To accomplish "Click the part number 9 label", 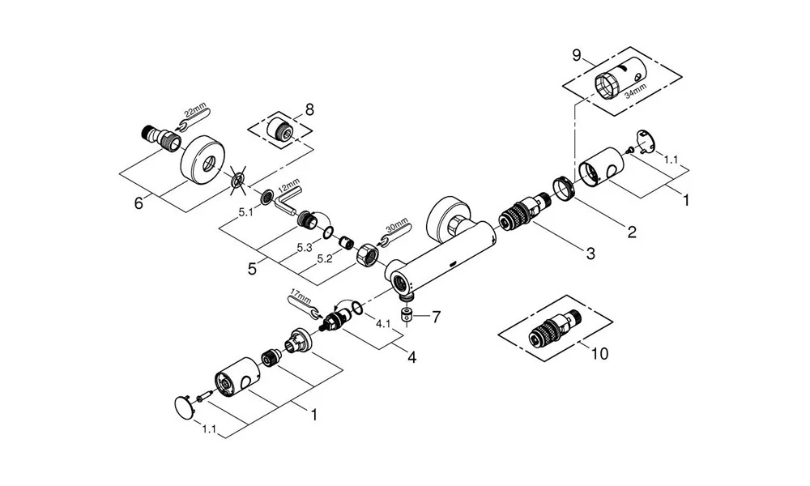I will pyautogui.click(x=577, y=55).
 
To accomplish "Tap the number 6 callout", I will pyautogui.click(x=139, y=202).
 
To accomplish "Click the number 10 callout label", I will pyautogui.click(x=599, y=354).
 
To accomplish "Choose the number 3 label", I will pyautogui.click(x=590, y=254).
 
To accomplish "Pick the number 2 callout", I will pyautogui.click(x=632, y=232).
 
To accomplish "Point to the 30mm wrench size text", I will pyautogui.click(x=399, y=229).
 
